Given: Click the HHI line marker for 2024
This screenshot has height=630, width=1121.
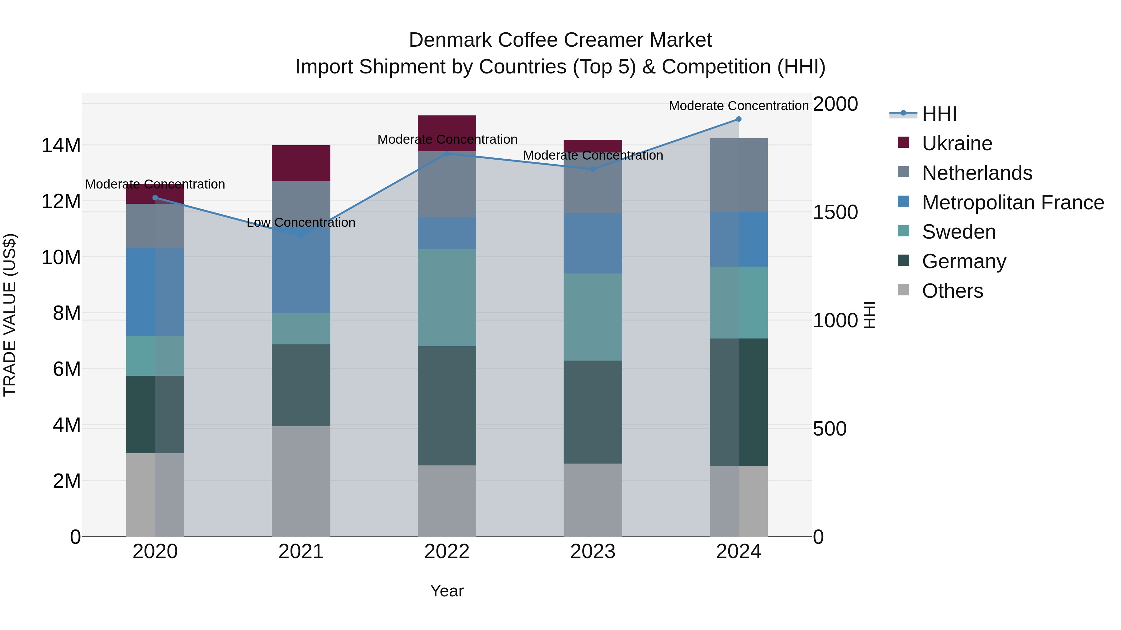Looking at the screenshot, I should tap(739, 119).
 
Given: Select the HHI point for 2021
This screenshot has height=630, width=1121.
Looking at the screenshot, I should tap(301, 236).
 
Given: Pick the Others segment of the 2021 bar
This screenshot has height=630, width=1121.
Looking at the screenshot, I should tap(301, 481).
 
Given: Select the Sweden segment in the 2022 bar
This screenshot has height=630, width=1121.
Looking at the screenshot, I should tap(447, 297).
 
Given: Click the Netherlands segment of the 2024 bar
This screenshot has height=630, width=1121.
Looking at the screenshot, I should tap(739, 175).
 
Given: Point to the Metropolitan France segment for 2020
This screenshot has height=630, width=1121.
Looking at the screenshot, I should tap(155, 292).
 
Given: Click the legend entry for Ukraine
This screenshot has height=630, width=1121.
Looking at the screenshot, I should tap(957, 143).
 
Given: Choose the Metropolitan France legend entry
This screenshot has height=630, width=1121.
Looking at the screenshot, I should tap(1012, 203).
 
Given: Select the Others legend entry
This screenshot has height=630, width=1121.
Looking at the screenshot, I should tap(952, 291).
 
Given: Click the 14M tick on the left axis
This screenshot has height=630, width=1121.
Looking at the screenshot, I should tap(61, 145).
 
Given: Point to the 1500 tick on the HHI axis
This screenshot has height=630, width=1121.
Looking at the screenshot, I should tap(835, 212).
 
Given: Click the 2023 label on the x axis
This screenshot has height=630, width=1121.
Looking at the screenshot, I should tap(592, 552).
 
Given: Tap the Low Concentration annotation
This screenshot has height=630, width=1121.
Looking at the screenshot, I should tap(301, 223).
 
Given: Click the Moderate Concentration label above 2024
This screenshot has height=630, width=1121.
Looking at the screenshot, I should tap(739, 106).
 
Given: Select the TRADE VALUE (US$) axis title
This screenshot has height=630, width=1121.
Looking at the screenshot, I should tap(10, 315).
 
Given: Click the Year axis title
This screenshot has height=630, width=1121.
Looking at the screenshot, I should tap(447, 591).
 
